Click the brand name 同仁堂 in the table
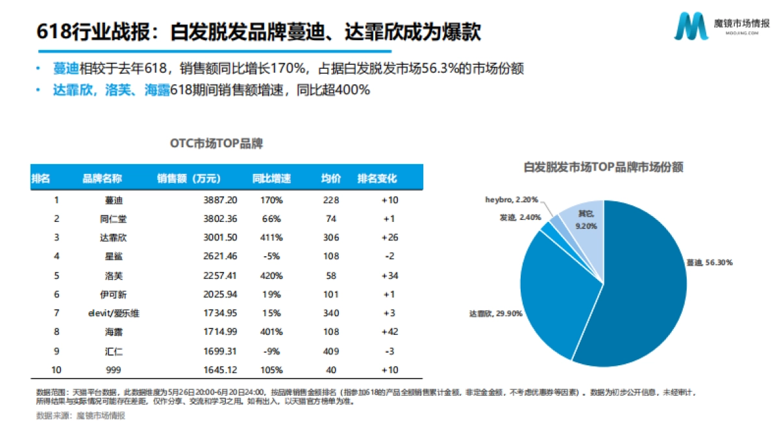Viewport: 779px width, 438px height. click(103, 219)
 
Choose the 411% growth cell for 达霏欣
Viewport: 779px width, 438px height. click(271, 237)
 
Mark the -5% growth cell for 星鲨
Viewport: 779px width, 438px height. click(271, 256)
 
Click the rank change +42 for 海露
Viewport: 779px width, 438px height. click(389, 332)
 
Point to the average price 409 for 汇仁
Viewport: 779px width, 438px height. click(330, 351)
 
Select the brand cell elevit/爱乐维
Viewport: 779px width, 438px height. click(103, 313)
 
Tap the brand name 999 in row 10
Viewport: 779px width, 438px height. click(103, 370)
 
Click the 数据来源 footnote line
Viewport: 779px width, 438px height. click(80, 416)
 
